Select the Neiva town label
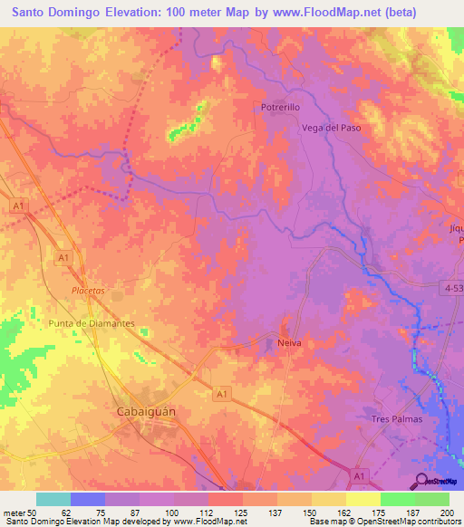point(288,343)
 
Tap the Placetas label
point(89,291)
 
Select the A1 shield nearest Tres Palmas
point(361,475)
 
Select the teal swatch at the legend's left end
point(53,499)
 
